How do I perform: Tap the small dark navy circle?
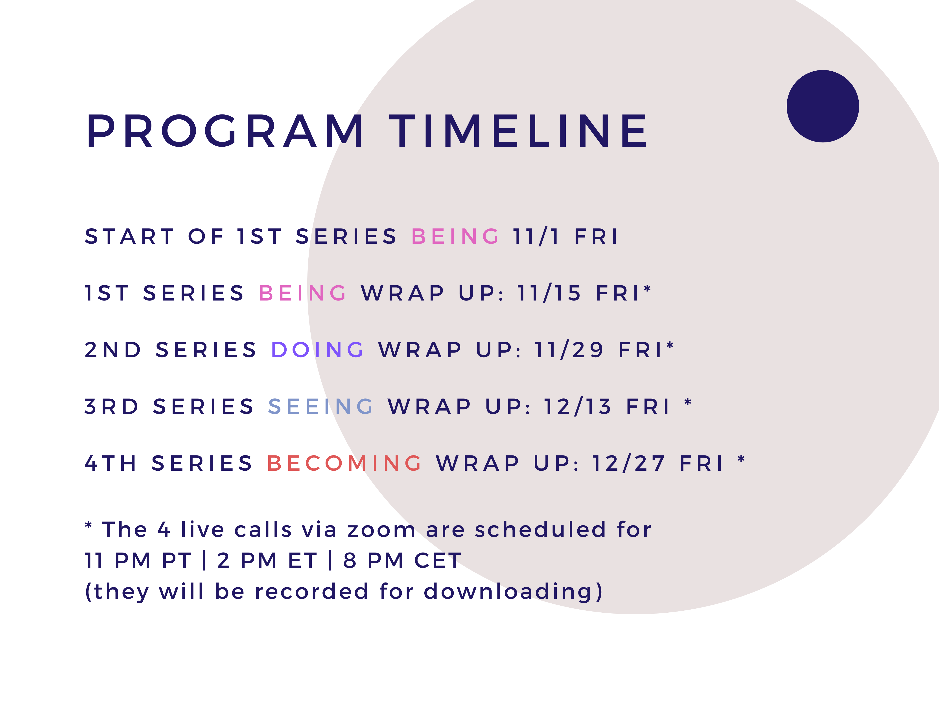(x=823, y=106)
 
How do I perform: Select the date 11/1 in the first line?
(x=537, y=236)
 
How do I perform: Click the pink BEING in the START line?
(x=455, y=236)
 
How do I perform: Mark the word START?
(x=129, y=236)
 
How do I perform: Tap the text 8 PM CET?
(x=402, y=560)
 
